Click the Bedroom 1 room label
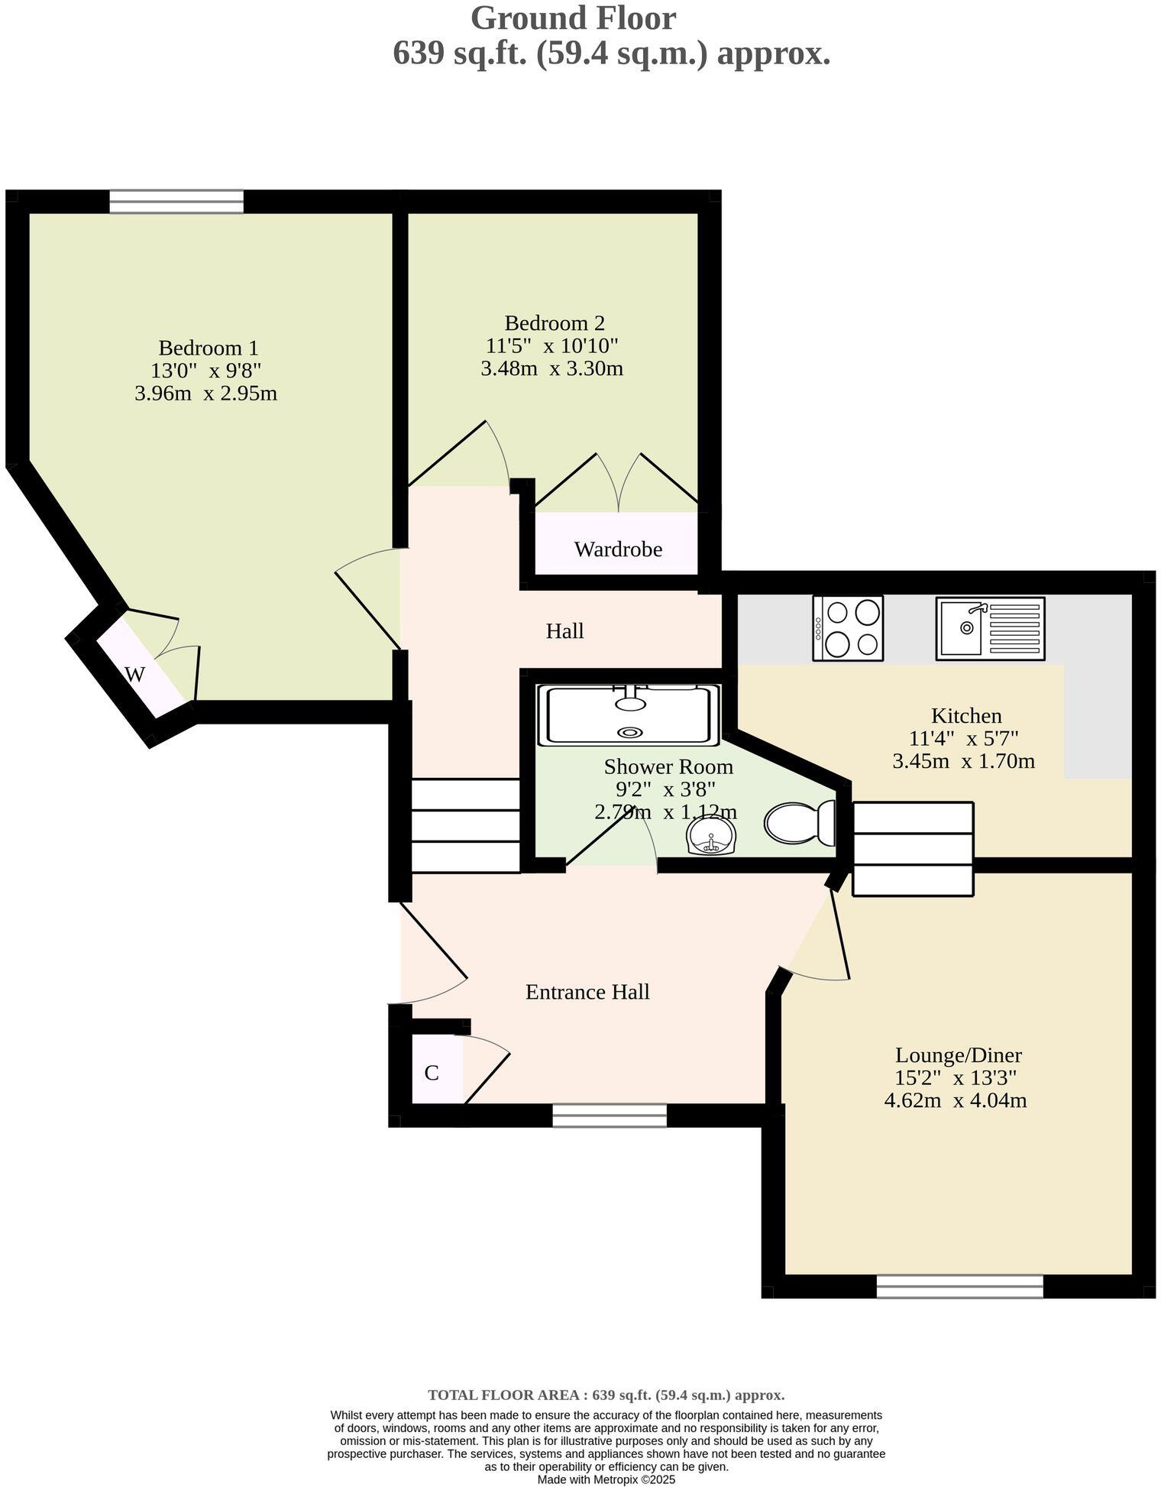coord(208,348)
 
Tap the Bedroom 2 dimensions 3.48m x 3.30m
coord(551,369)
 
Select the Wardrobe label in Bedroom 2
coord(617,549)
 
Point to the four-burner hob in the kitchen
coord(848,628)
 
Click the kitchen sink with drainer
coord(990,628)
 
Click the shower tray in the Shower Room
coord(628,715)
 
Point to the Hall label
coord(564,631)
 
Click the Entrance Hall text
coord(587,992)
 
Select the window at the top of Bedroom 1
coord(176,202)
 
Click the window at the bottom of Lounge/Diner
coord(959,1287)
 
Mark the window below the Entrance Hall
coord(609,1116)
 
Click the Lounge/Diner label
coord(958,1055)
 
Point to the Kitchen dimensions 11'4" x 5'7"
coord(964,739)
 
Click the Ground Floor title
coord(572,18)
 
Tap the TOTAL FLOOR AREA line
coord(606,1395)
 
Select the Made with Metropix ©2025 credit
coord(606,1479)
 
